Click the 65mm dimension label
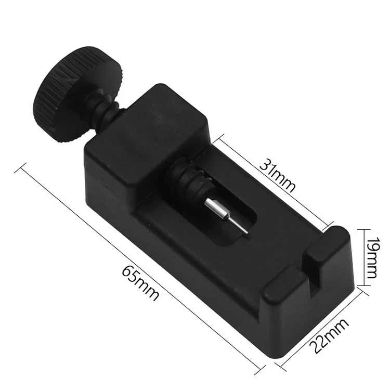[140, 283]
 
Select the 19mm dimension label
[372, 257]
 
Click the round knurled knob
[78, 94]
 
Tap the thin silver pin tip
[238, 225]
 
